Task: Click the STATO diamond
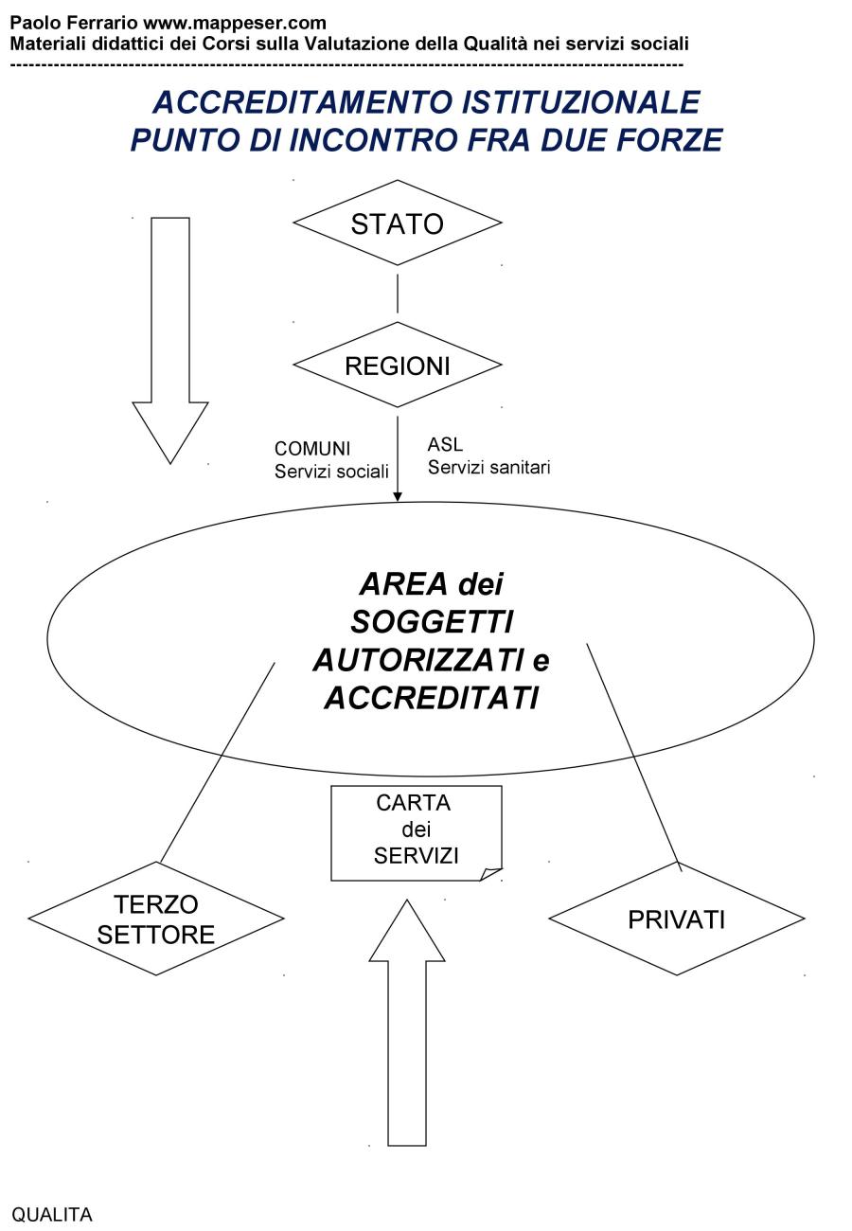tap(397, 223)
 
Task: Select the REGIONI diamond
tap(397, 366)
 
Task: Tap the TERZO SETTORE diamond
tap(156, 919)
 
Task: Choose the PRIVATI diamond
tap(677, 919)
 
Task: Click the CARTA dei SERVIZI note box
tap(416, 830)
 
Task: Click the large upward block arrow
tap(407, 1023)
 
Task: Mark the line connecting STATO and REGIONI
tap(398, 294)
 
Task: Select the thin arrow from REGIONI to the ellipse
tap(398, 455)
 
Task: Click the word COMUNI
tap(312, 448)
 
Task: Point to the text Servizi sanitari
tap(488, 467)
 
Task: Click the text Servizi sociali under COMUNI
tap(331, 471)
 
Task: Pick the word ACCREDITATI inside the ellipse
tap(431, 698)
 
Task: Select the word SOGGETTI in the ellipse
tap(431, 622)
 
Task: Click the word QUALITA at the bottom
tap(52, 1215)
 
